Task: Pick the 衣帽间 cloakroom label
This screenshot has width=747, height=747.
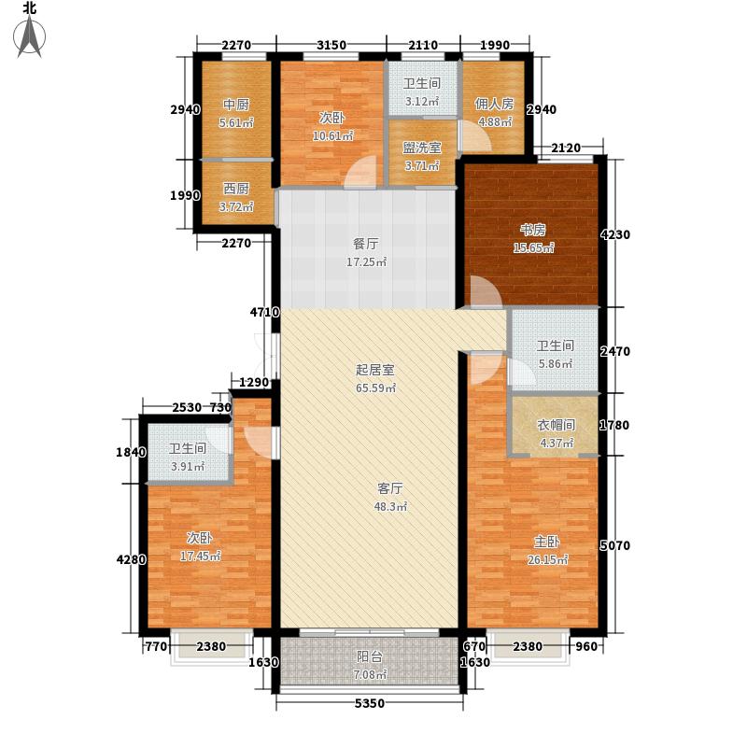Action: [x=555, y=425]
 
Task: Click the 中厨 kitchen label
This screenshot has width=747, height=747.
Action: [x=234, y=104]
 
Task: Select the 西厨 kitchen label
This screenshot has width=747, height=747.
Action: [x=234, y=187]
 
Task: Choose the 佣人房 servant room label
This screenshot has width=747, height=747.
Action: [x=494, y=104]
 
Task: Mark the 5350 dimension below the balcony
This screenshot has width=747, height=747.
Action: [x=370, y=702]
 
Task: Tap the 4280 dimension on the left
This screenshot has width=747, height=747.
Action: [x=132, y=560]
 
